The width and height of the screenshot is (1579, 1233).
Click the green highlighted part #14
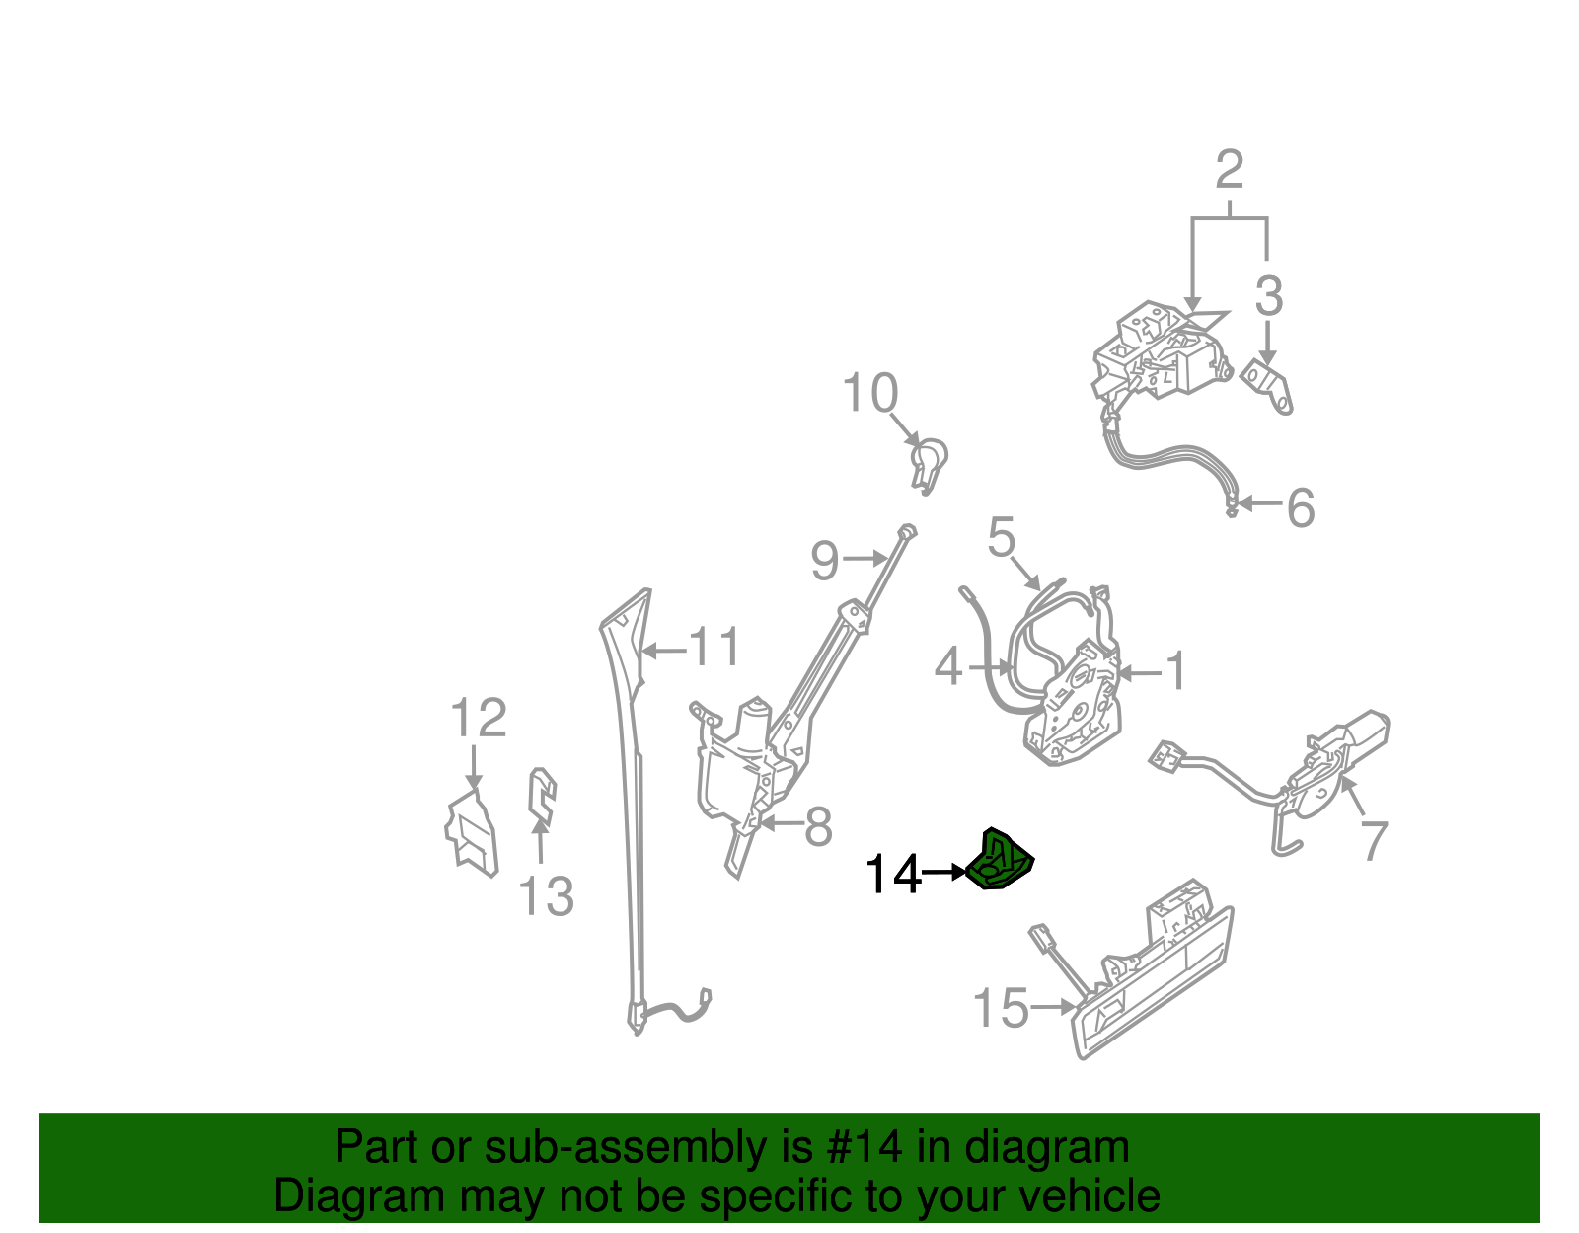tap(1000, 862)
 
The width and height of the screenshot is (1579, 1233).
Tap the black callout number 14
tap(892, 875)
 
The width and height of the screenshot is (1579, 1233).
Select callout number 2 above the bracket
tap(1229, 170)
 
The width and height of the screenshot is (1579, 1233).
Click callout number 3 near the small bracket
tap(1269, 296)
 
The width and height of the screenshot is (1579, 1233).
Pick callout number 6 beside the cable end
tap(1301, 508)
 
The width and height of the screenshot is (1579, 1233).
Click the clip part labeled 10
tap(929, 464)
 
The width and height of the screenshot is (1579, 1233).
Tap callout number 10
tap(869, 393)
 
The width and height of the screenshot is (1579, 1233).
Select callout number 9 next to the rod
tap(824, 561)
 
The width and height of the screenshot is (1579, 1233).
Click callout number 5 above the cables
tap(1001, 538)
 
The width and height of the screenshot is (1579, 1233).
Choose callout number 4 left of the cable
tap(947, 667)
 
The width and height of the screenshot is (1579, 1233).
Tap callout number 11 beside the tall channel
tap(714, 649)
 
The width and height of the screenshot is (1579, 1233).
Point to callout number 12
tap(479, 718)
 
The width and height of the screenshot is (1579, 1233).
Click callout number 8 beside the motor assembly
tap(818, 827)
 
